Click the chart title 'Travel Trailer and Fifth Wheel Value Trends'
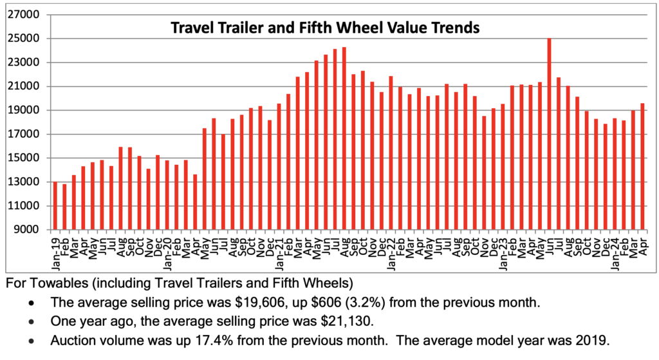point(324,28)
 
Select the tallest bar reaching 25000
point(549,133)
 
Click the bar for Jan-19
point(55,205)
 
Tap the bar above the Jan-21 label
point(279,166)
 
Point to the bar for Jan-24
point(615,174)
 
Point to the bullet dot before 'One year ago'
point(32,321)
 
